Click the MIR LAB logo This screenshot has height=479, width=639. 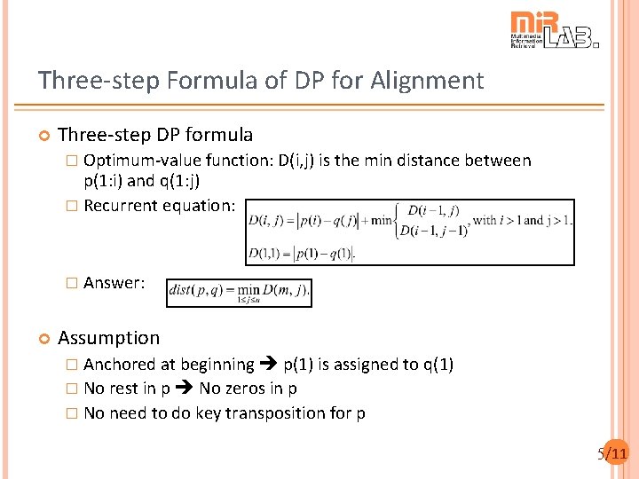pyautogui.click(x=554, y=30)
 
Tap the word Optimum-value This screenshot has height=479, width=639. pyautogui.click(x=142, y=161)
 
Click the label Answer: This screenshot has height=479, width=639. pyautogui.click(x=114, y=283)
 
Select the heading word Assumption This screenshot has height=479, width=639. pyautogui.click(x=108, y=337)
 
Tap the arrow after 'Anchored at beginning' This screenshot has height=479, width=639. pyautogui.click(x=269, y=365)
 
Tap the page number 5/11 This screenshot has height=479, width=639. pyautogui.click(x=612, y=454)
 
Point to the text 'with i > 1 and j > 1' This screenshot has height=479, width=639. pyautogui.click(x=523, y=219)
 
